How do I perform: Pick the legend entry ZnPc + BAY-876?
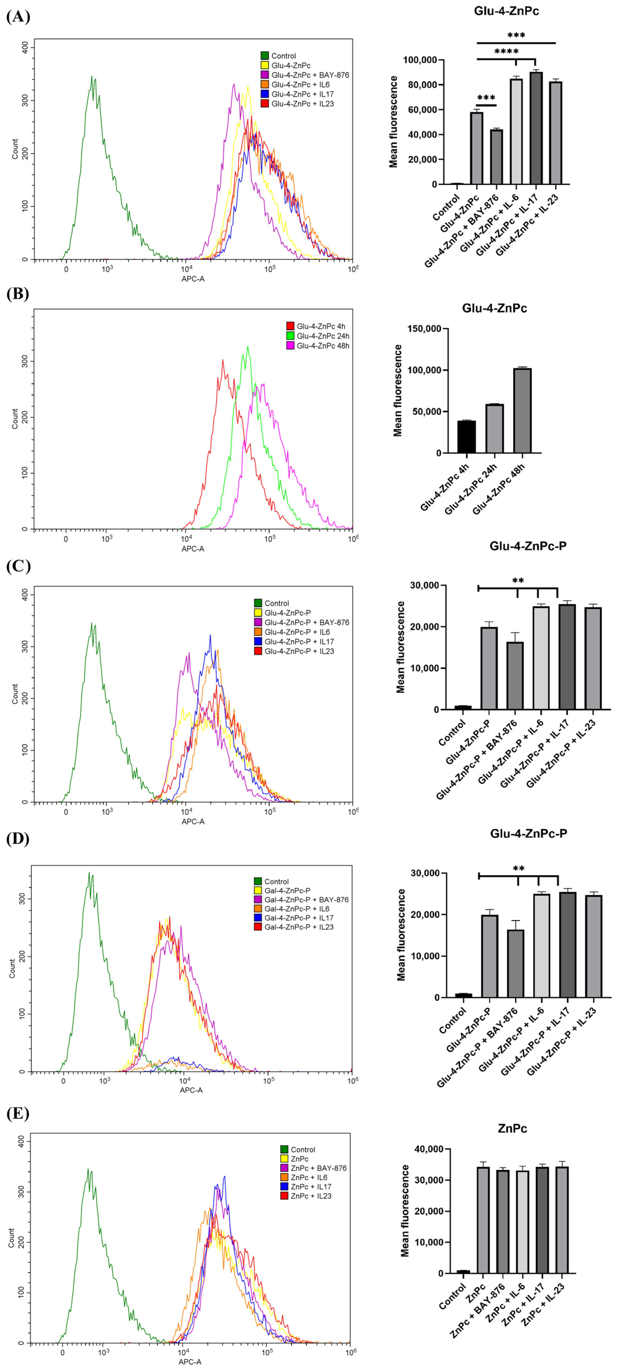tap(318, 1168)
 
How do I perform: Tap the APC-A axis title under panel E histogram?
tap(189, 1362)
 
